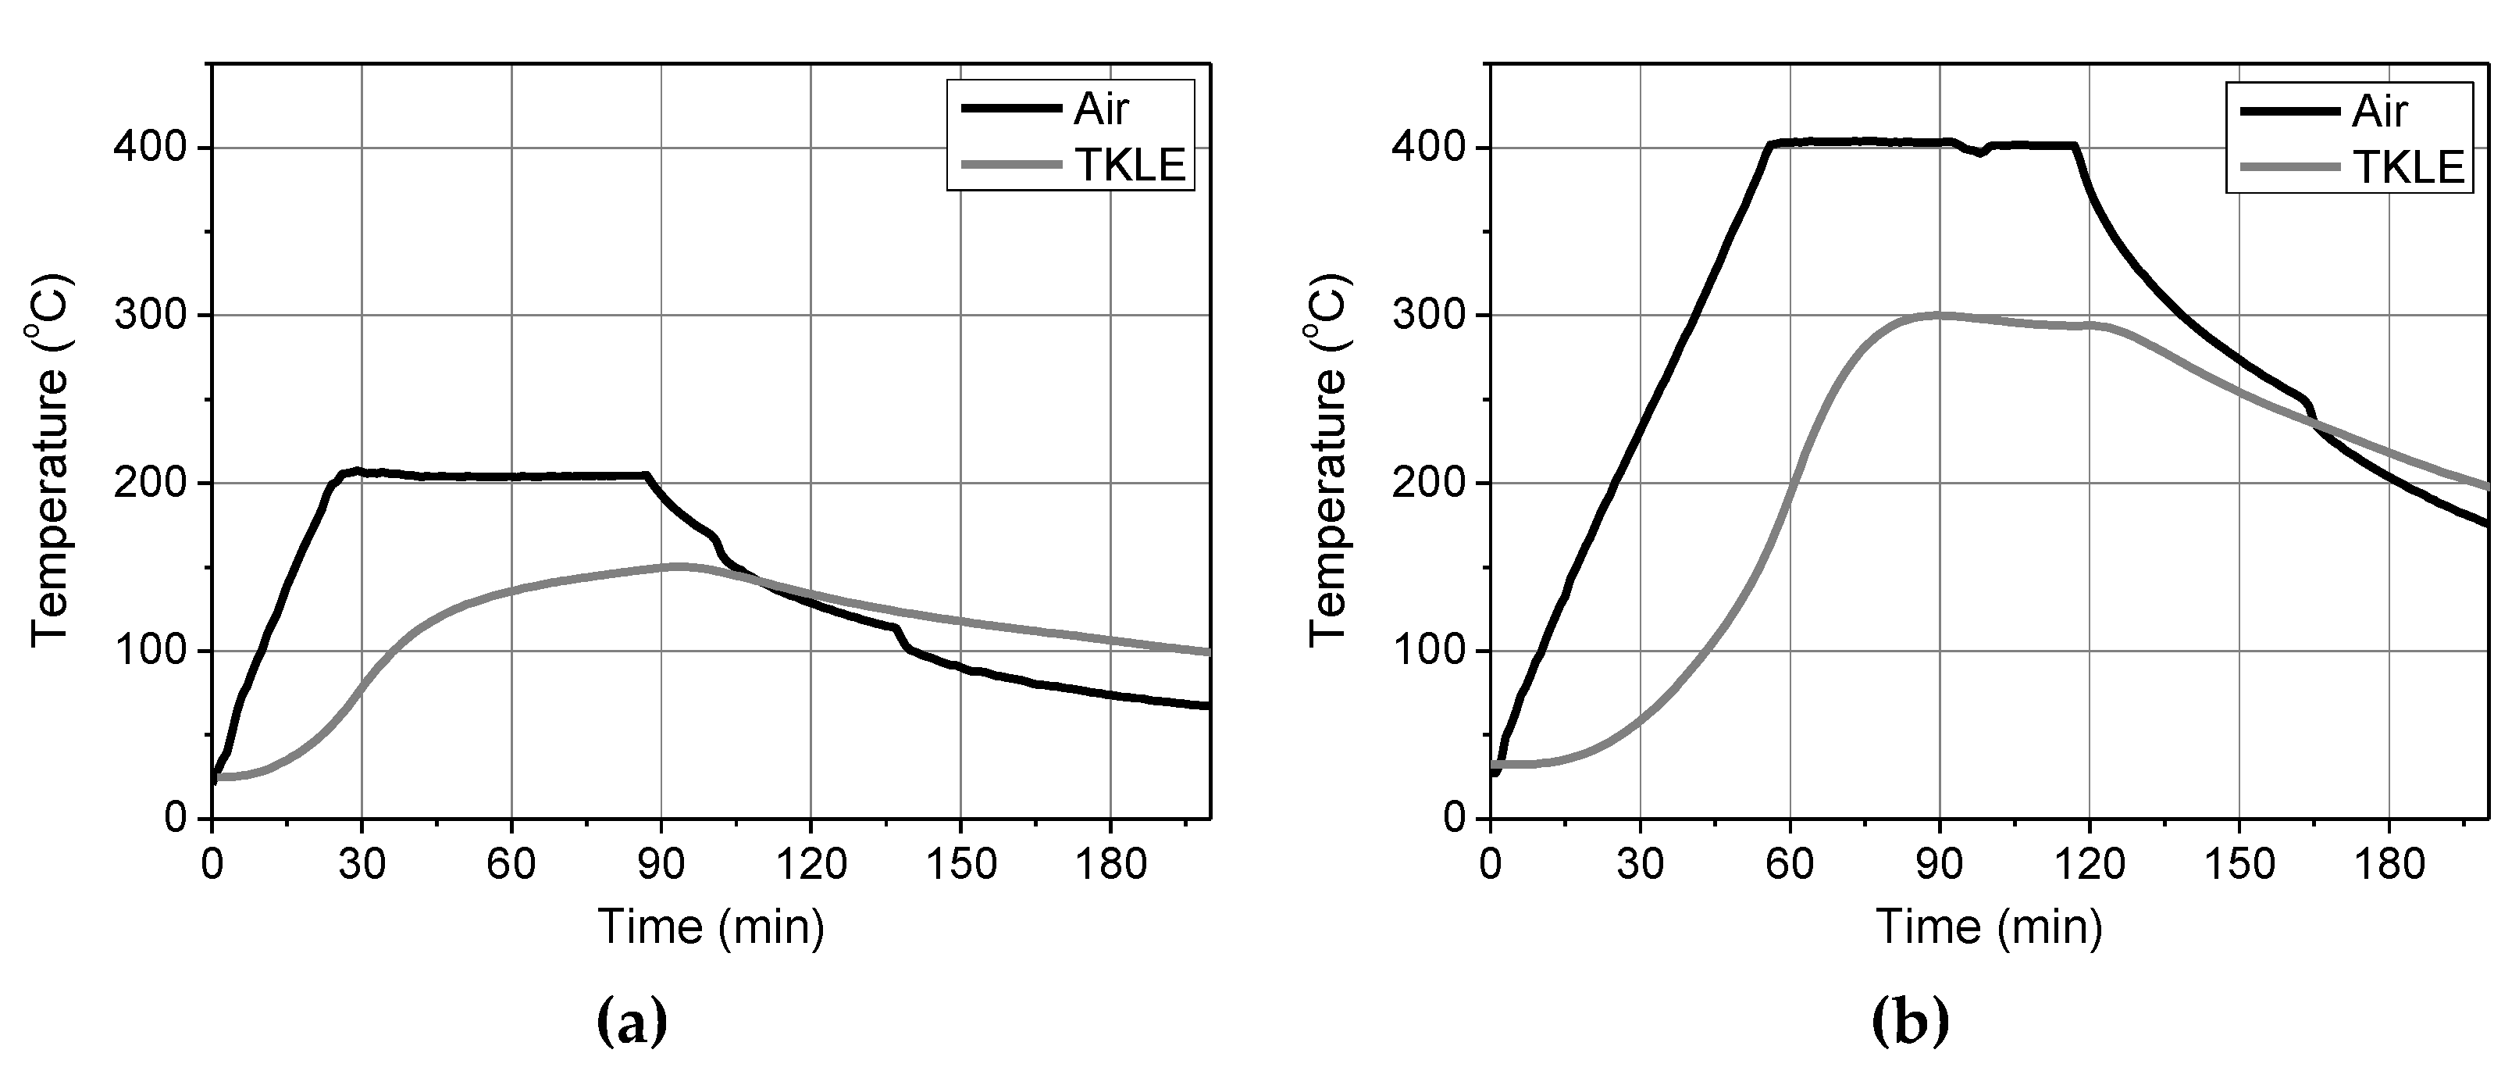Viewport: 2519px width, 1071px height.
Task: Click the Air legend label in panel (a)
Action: click(x=1101, y=110)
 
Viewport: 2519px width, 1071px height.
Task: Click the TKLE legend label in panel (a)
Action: click(x=1131, y=166)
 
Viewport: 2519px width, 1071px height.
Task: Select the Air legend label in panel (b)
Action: click(x=2379, y=112)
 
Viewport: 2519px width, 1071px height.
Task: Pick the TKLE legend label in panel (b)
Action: click(x=2408, y=167)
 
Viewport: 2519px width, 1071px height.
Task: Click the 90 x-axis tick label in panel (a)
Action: click(x=661, y=865)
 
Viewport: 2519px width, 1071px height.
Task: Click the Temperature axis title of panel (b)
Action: click(x=1329, y=459)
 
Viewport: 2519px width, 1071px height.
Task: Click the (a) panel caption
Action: click(x=632, y=1022)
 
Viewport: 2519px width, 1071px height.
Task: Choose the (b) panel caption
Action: click(x=1910, y=1022)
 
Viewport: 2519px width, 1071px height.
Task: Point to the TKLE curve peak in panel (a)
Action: click(x=678, y=566)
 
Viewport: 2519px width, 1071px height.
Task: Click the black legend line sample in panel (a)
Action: click(x=1010, y=109)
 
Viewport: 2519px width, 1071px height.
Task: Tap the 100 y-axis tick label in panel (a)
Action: click(x=150, y=652)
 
